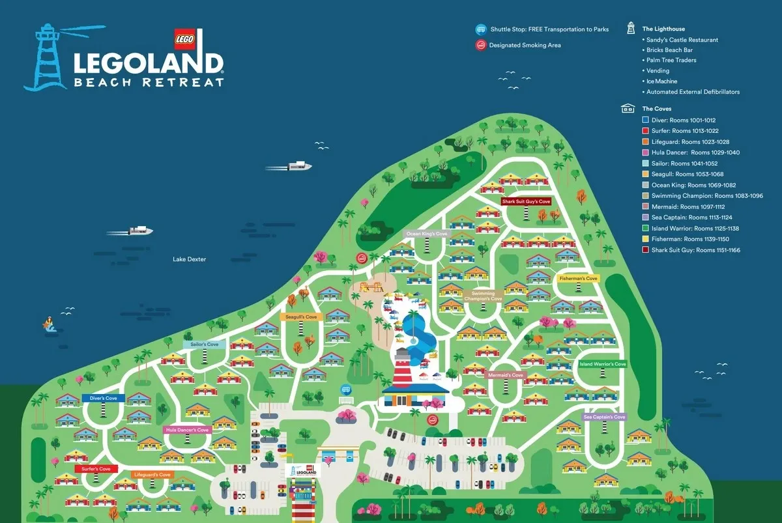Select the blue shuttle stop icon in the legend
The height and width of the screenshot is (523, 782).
pyautogui.click(x=480, y=29)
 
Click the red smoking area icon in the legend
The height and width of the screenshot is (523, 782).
pyautogui.click(x=480, y=45)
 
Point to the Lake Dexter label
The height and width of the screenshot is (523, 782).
pyautogui.click(x=189, y=259)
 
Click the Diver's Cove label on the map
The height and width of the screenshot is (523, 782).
pyautogui.click(x=103, y=398)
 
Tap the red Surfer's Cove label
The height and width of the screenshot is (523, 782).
pyautogui.click(x=96, y=469)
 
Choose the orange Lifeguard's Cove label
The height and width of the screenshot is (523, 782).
pyautogui.click(x=152, y=475)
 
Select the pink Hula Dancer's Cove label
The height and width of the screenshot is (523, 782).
pyautogui.click(x=187, y=430)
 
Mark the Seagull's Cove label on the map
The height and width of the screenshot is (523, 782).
pyautogui.click(x=300, y=317)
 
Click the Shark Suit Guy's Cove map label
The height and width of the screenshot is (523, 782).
pyautogui.click(x=526, y=202)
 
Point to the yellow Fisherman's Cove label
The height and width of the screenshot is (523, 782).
pyautogui.click(x=578, y=279)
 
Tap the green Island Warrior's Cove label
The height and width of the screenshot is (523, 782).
pyautogui.click(x=602, y=364)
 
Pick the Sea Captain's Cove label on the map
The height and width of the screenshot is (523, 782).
pyautogui.click(x=604, y=417)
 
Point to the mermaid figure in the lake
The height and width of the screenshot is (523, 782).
pyautogui.click(x=50, y=323)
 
